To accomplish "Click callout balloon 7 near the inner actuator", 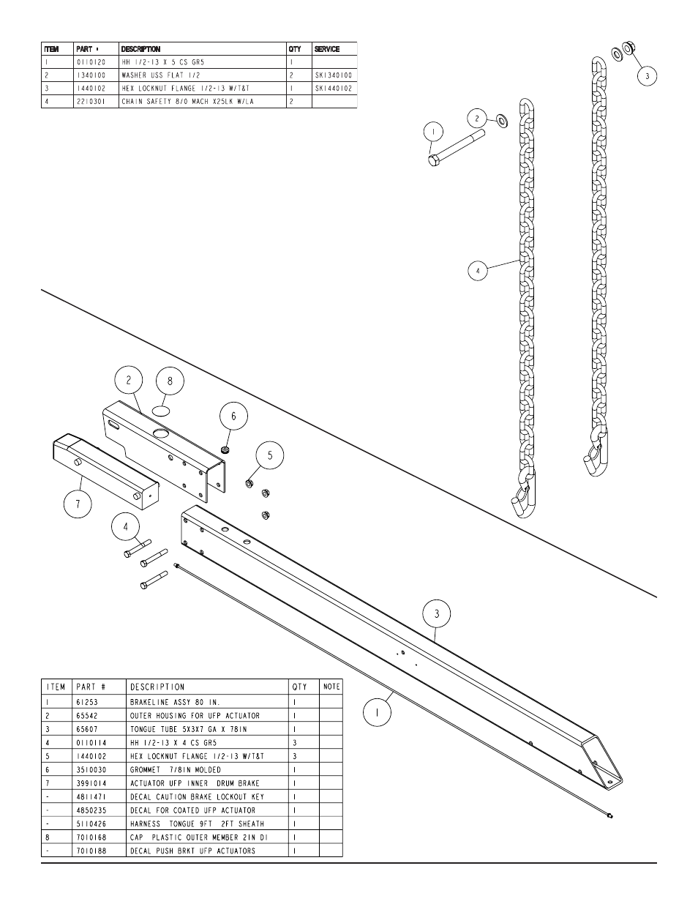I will (x=78, y=504).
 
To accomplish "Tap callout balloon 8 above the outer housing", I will (x=170, y=381).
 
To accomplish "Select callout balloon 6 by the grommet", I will (x=234, y=416).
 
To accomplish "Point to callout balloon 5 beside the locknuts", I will (x=269, y=455).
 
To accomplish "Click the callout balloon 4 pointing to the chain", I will (x=478, y=270).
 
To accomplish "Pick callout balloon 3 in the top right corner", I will (x=646, y=75).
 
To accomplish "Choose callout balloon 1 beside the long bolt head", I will (x=433, y=132).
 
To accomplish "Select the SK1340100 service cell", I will (x=334, y=75).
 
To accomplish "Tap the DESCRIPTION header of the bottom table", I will (x=157, y=687).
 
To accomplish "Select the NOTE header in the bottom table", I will (x=331, y=687).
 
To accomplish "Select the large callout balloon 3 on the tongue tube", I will (x=437, y=614).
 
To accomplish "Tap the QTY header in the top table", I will (x=295, y=49).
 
